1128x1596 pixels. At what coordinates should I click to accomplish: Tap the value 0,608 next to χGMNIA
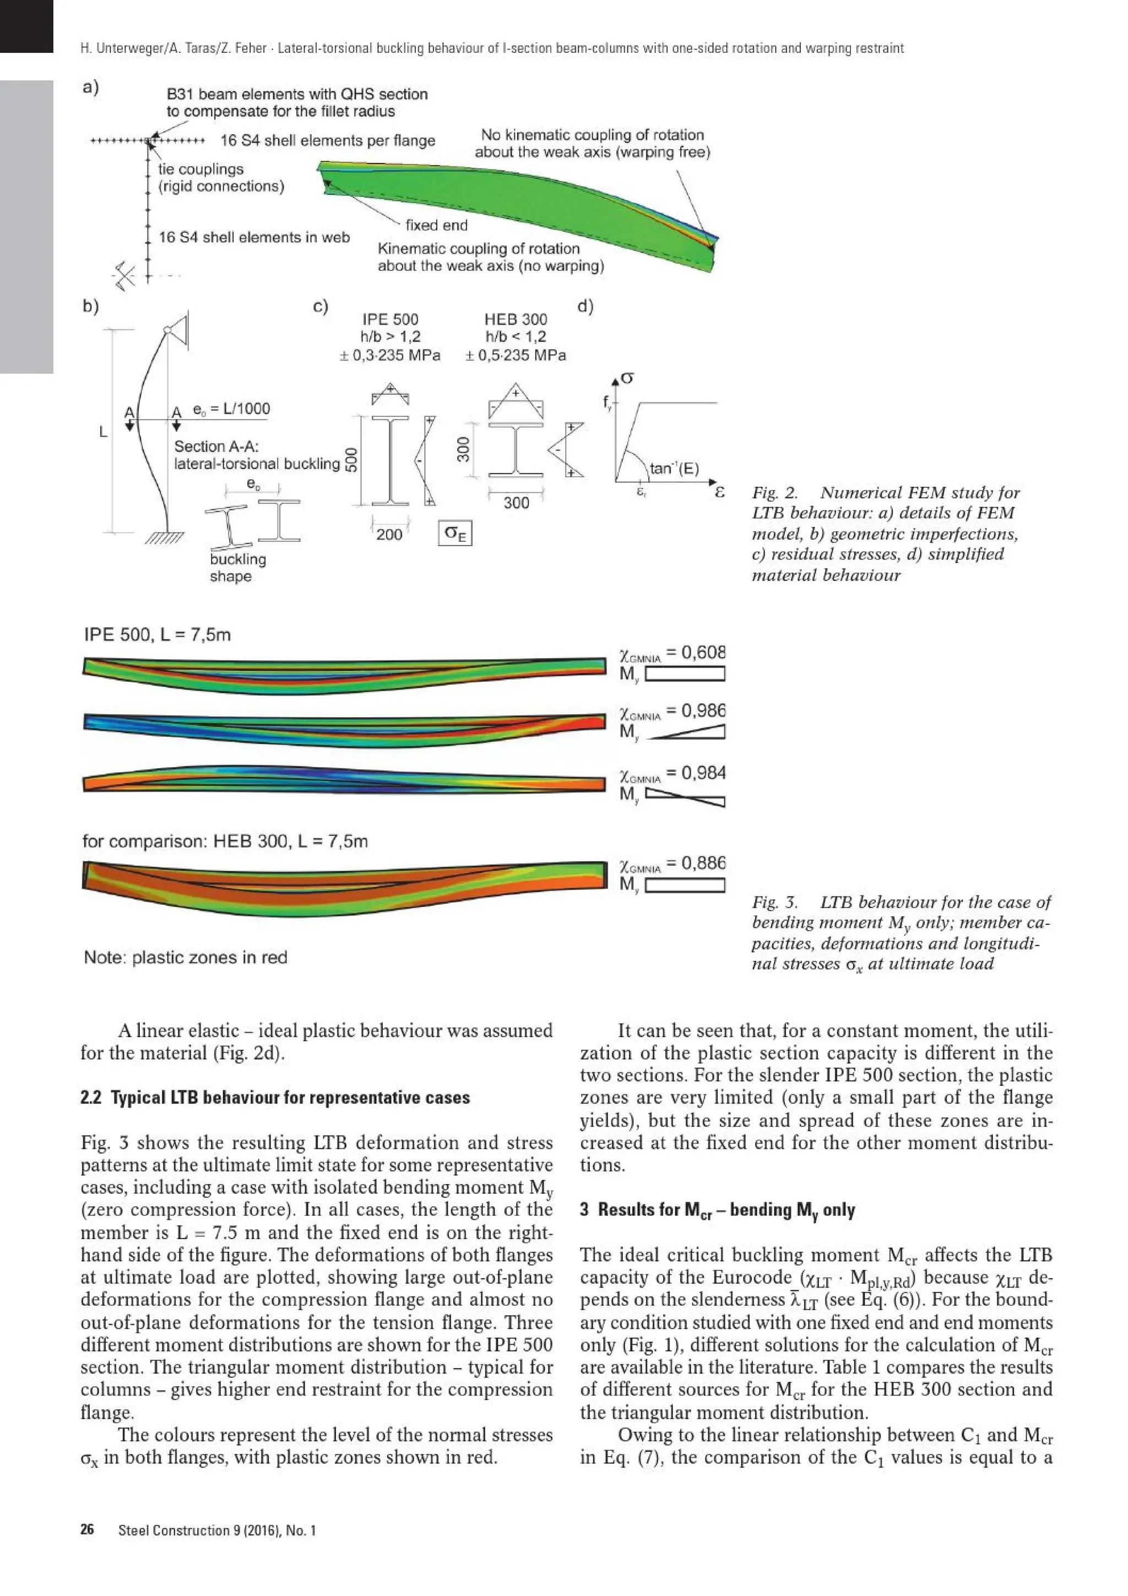pos(703,652)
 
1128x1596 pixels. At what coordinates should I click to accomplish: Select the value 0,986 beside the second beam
pos(703,710)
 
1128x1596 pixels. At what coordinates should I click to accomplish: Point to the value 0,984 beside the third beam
pos(703,772)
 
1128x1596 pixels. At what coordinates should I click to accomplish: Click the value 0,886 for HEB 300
pos(703,862)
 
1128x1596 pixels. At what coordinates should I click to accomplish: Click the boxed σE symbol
pos(455,534)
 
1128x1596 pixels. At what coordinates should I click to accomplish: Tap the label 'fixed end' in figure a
pos(436,225)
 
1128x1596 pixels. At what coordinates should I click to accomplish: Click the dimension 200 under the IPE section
pos(389,534)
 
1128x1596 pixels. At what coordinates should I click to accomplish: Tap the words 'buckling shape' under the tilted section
pos(238,567)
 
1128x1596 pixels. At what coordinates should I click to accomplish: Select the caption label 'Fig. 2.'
pos(774,493)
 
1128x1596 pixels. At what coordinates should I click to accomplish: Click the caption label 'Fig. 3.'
pos(774,902)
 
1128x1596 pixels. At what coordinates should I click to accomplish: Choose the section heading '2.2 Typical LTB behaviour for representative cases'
pos(275,1098)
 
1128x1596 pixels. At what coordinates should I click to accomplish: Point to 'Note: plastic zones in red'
pos(186,957)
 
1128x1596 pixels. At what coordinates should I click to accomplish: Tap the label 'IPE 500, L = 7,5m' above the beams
pos(157,634)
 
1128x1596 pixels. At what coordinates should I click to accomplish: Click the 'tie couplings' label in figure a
pos(201,169)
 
